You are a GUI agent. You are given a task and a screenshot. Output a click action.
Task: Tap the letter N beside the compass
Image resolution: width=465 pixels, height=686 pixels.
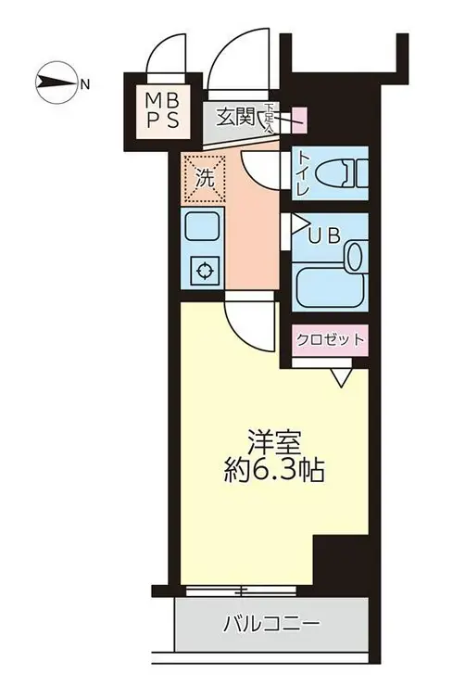tap(84, 85)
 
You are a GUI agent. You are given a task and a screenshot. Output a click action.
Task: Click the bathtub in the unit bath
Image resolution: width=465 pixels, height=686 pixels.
tap(331, 278)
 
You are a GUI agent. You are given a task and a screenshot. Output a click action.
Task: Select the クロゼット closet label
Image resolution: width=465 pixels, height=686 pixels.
tap(330, 339)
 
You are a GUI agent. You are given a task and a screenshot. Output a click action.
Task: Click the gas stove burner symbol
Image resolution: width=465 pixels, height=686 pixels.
tap(203, 272)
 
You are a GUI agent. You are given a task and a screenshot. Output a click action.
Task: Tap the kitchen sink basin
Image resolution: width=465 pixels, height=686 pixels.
tap(202, 226)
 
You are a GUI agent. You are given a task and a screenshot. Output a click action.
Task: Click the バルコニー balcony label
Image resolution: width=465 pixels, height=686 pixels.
tap(272, 624)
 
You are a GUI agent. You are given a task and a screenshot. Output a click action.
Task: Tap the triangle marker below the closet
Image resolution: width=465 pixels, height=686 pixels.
tap(339, 375)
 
